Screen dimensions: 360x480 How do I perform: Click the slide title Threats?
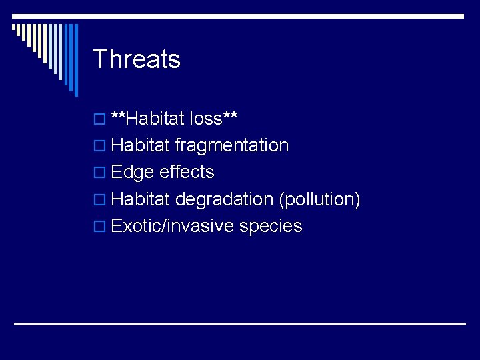pyautogui.click(x=137, y=59)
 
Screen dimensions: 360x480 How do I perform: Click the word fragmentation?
pyautogui.click(x=232, y=145)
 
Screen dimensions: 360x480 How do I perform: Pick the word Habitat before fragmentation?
pyautogui.click(x=141, y=145)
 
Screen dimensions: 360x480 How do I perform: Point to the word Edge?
pyautogui.click(x=133, y=172)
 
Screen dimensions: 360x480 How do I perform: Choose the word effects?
pyautogui.click(x=187, y=172)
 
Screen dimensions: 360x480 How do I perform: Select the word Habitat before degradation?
pyautogui.click(x=141, y=199)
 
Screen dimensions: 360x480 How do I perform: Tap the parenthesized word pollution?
pyautogui.click(x=320, y=199)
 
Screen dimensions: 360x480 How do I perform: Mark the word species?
pyautogui.click(x=271, y=226)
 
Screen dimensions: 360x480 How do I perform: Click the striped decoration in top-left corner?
pyautogui.click(x=47, y=50)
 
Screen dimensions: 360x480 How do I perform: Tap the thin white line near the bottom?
pyautogui.click(x=240, y=323)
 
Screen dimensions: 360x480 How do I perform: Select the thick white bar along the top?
pyautogui.click(x=240, y=15)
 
